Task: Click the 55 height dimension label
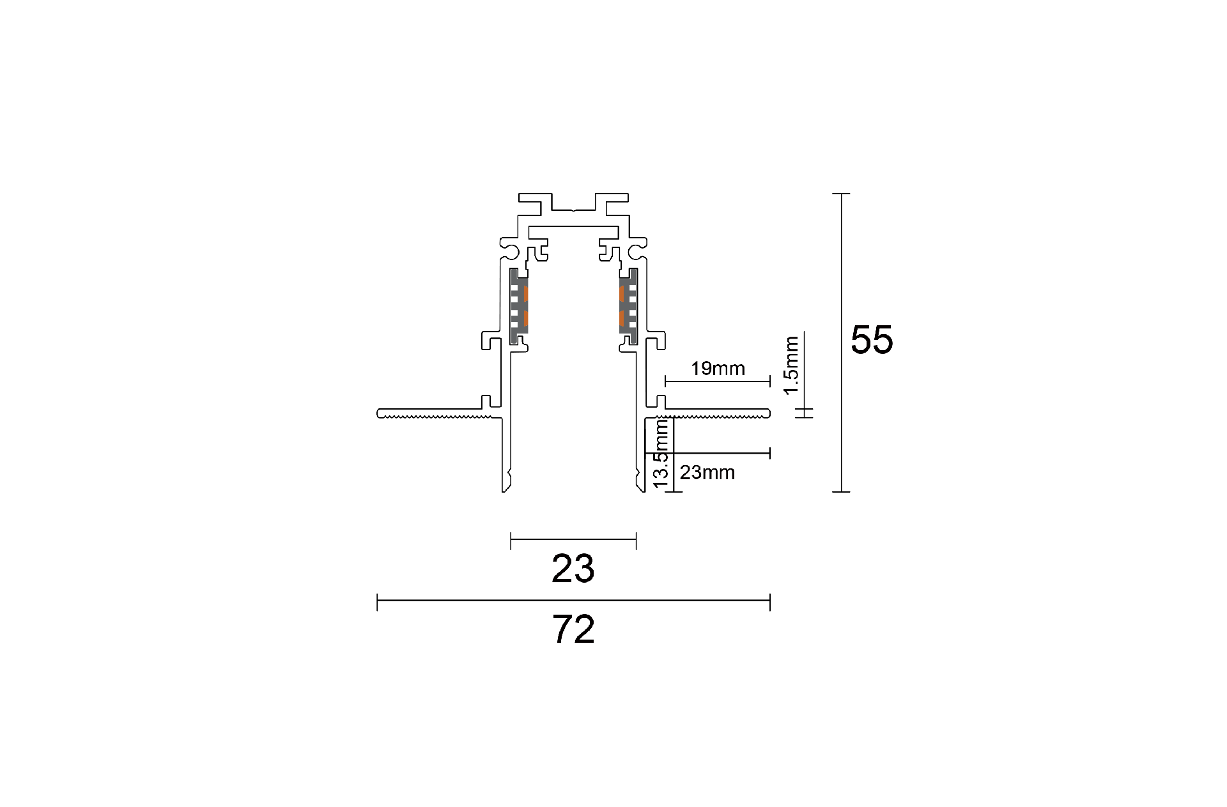(872, 340)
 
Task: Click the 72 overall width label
(573, 630)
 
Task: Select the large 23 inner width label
(573, 569)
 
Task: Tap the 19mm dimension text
(718, 369)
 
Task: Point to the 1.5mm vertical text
(792, 365)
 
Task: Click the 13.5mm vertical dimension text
(662, 453)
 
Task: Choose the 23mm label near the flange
(707, 473)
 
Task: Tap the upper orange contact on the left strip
(525, 293)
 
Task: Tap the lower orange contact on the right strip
(621, 318)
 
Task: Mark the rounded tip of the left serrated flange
(379, 413)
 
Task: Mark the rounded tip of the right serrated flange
(768, 413)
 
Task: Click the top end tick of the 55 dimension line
(841, 194)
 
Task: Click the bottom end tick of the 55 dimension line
(841, 492)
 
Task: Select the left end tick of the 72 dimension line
(378, 601)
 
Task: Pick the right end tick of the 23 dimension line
(636, 540)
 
